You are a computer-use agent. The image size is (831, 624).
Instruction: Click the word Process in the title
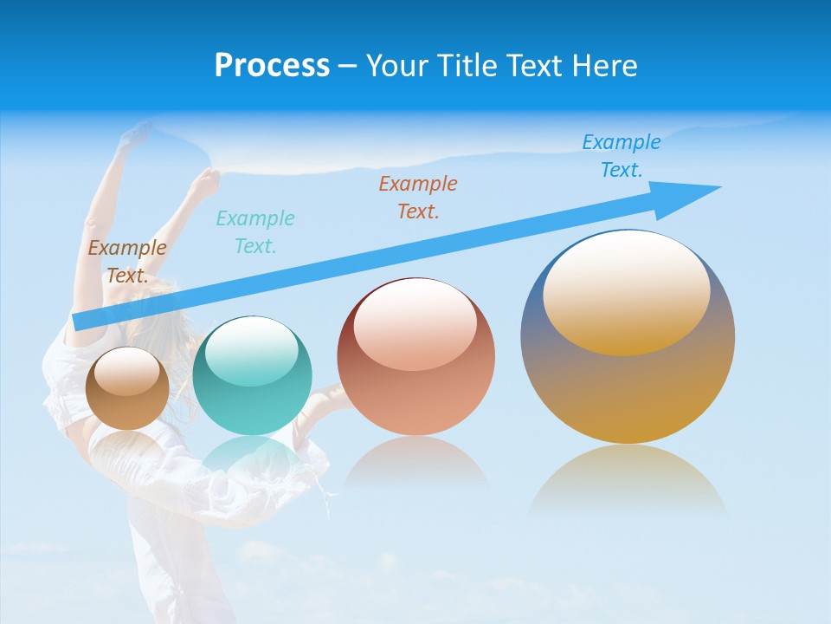tap(272, 66)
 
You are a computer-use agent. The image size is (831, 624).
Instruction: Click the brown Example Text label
tap(127, 261)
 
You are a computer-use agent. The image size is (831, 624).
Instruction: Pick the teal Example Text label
tap(255, 231)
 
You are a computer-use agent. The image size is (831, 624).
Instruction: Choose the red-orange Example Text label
tap(418, 197)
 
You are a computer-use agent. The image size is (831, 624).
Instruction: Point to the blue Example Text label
tap(621, 156)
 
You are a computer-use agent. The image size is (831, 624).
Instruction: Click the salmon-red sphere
tap(415, 390)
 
